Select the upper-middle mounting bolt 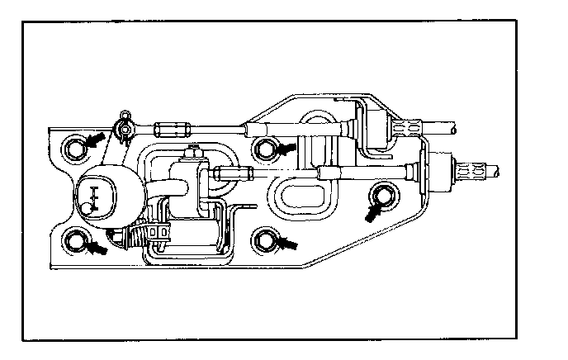pyautogui.click(x=265, y=149)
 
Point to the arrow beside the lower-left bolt pyautogui.click(x=97, y=246)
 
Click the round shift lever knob pyautogui.click(x=102, y=198)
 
